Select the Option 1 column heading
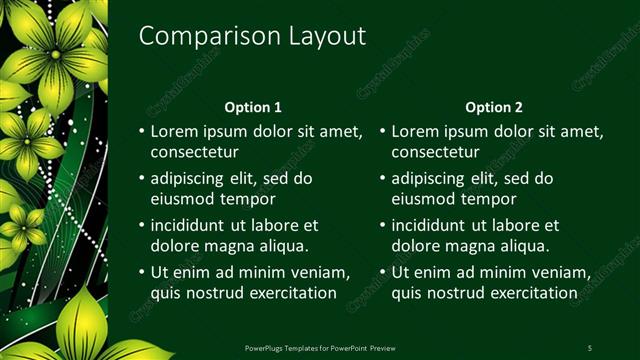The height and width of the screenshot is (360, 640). (254, 107)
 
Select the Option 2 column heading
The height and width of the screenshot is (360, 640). (494, 107)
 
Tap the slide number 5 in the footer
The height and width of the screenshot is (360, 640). (590, 348)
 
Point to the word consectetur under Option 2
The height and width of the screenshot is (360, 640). (435, 153)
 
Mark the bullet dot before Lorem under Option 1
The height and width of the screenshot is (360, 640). (140, 132)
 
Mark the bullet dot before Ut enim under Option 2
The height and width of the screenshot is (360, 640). (382, 273)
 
